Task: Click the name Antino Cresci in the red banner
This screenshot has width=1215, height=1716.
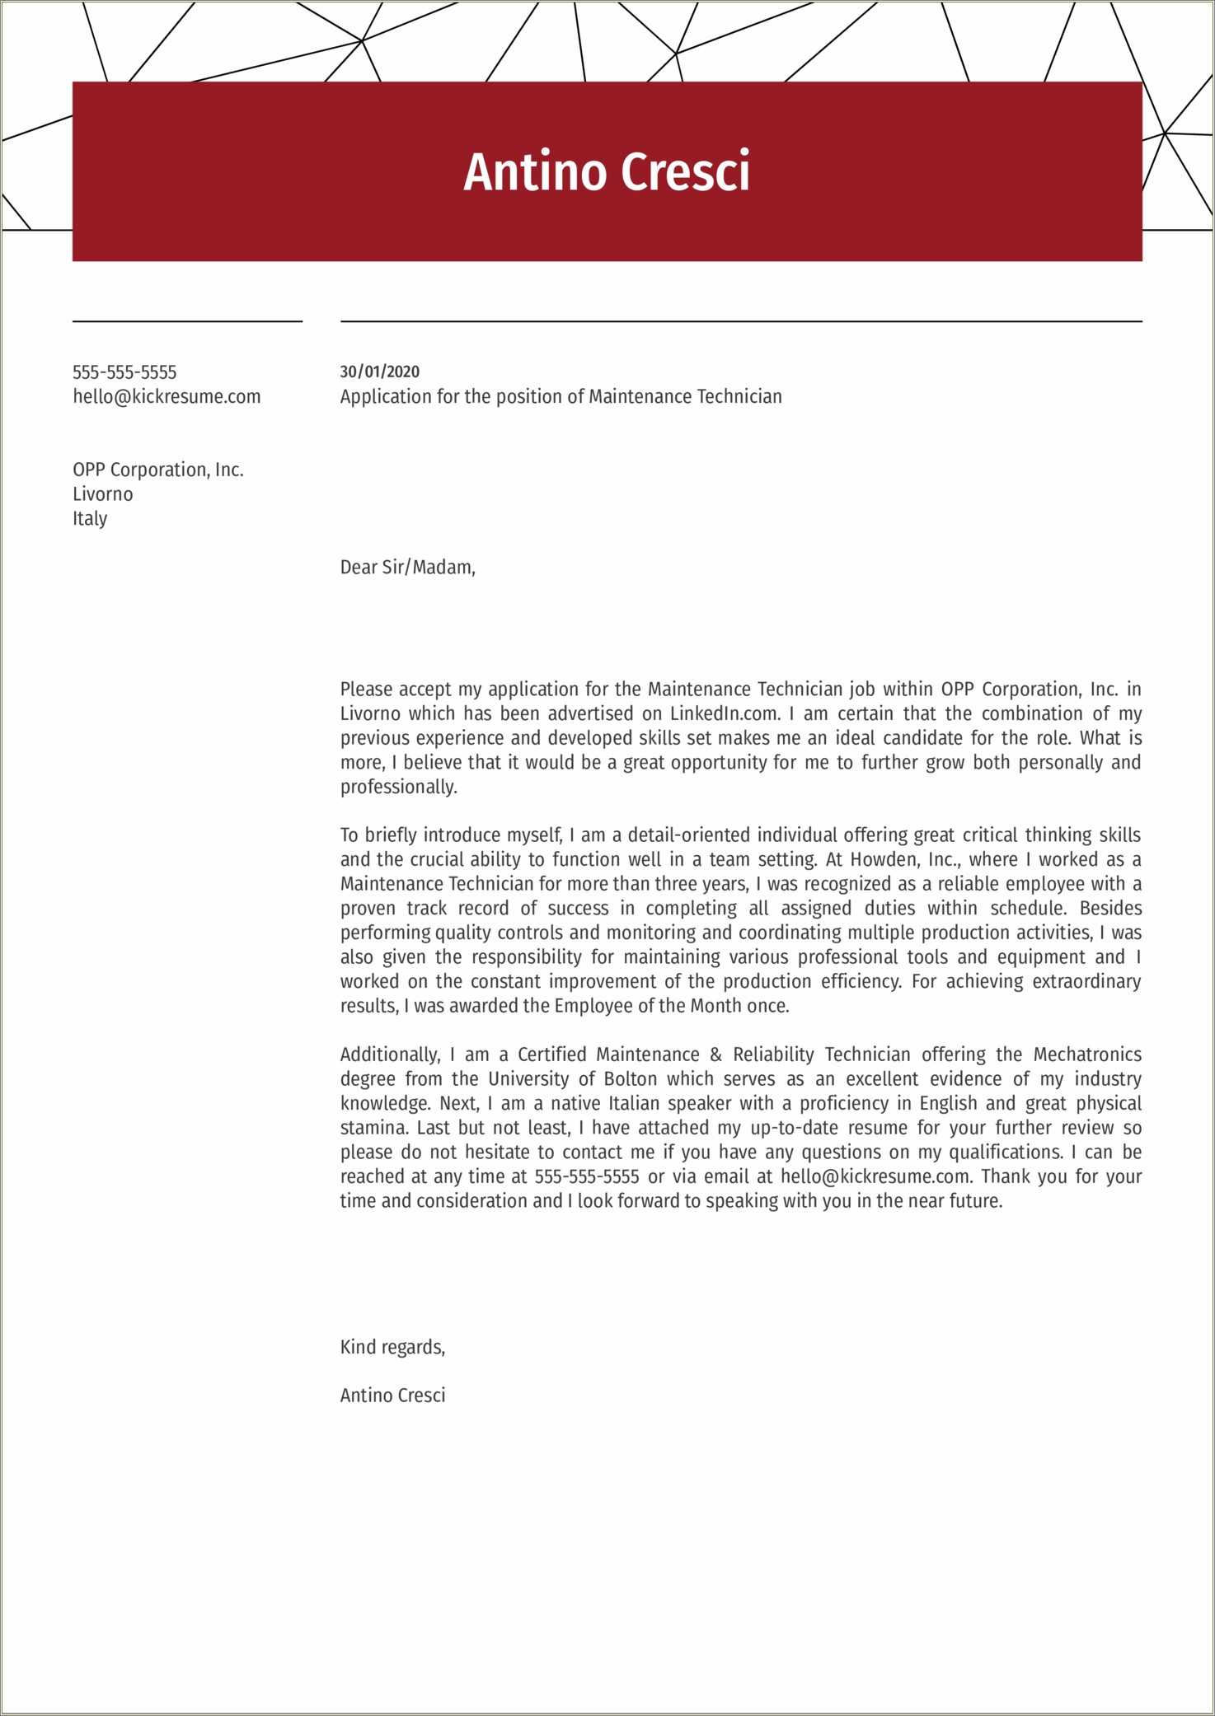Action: point(607,171)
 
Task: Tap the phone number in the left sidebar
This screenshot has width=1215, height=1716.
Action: point(124,372)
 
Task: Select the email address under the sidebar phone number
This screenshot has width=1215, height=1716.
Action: point(167,397)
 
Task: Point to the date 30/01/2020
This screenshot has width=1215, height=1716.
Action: point(380,372)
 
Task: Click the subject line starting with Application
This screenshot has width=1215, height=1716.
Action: point(561,397)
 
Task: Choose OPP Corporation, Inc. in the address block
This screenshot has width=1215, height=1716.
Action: point(158,470)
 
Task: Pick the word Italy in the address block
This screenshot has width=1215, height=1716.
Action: point(90,519)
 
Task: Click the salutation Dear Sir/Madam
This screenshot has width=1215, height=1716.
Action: point(407,568)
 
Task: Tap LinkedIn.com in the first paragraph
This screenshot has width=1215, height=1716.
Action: point(725,713)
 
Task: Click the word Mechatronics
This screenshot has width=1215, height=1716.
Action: point(1087,1054)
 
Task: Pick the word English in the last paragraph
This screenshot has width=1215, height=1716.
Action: point(948,1103)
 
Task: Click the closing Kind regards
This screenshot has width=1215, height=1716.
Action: point(392,1347)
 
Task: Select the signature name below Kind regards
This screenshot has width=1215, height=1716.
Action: point(392,1395)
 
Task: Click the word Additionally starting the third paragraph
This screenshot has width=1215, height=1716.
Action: point(390,1054)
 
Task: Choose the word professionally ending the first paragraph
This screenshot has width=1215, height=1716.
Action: point(398,787)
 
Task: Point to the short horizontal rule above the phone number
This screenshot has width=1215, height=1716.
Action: point(187,321)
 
